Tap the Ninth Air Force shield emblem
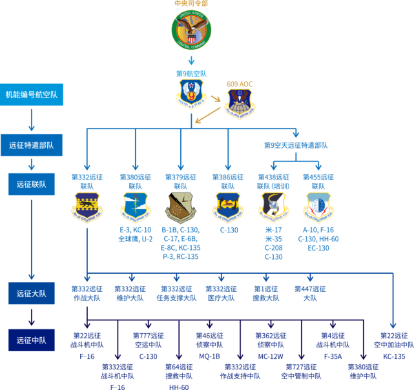191,93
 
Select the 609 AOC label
240,84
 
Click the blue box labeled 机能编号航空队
32,94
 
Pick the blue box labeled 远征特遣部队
32,145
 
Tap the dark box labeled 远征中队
32,340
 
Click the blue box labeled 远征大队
32,293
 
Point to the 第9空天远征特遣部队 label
296,145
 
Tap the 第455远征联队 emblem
318,207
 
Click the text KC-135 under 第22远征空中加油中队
394,356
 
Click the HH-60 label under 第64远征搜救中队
178,387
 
